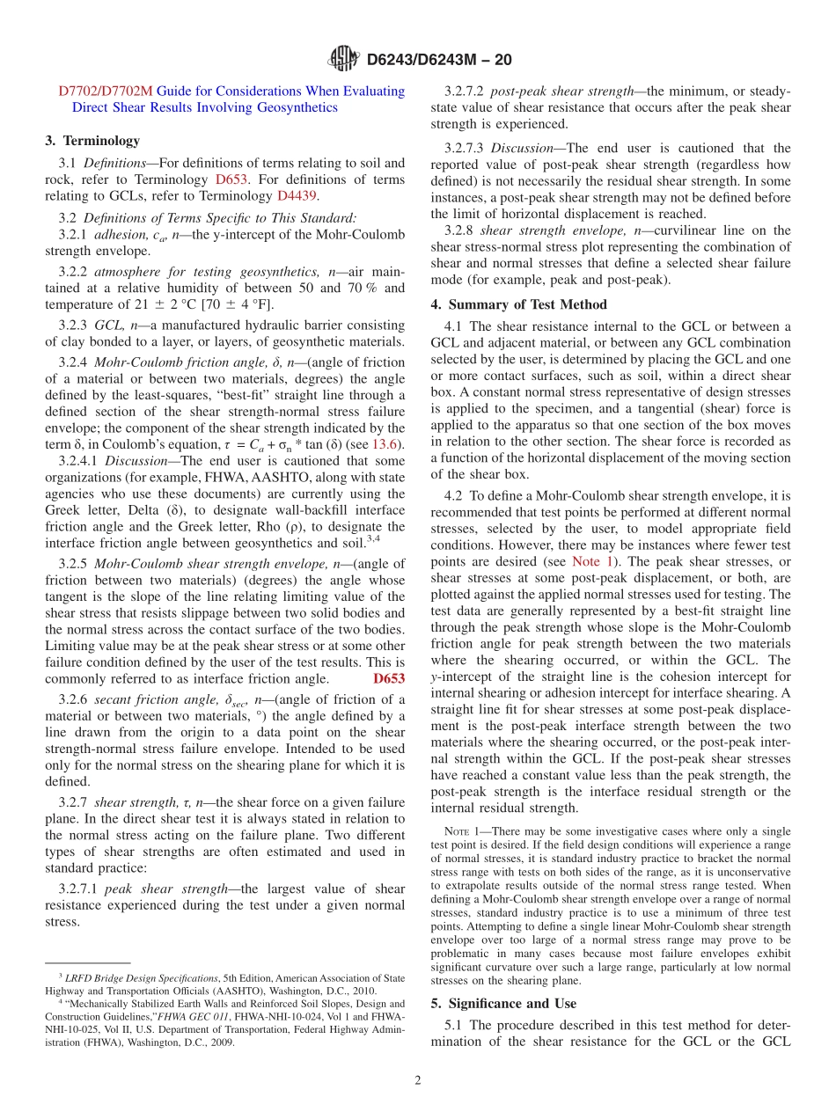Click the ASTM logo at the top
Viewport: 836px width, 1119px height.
(343, 59)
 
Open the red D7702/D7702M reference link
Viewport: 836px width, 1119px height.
(106, 91)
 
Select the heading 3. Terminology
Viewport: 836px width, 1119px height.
(92, 140)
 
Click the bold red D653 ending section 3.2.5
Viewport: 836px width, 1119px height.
(389, 678)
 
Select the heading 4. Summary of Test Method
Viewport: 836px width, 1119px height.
(518, 304)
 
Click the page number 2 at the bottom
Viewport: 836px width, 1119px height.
(418, 1080)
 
